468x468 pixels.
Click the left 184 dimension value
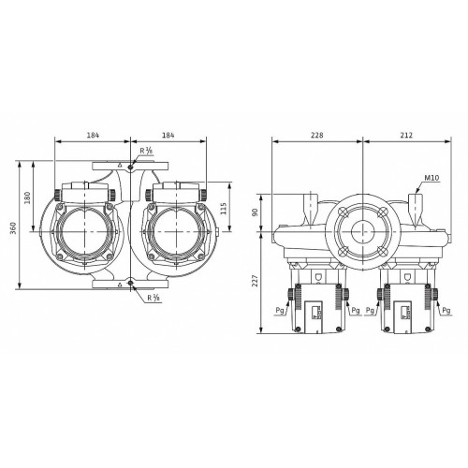(93, 135)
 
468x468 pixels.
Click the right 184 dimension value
(168, 135)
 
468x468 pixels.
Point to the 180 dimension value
(27, 197)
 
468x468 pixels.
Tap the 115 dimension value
(224, 209)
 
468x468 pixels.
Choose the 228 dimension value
(317, 135)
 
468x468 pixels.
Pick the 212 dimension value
(406, 135)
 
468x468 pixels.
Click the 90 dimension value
(256, 212)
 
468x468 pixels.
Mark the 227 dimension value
(256, 281)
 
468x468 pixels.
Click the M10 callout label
(431, 178)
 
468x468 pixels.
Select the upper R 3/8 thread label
(146, 151)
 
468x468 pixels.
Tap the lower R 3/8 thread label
(154, 298)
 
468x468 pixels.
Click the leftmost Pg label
(280, 311)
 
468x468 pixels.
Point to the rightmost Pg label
(446, 311)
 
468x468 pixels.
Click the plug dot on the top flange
(130, 168)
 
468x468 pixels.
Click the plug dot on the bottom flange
(130, 283)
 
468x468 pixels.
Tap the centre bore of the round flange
(363, 232)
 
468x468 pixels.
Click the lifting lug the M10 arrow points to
(416, 210)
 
